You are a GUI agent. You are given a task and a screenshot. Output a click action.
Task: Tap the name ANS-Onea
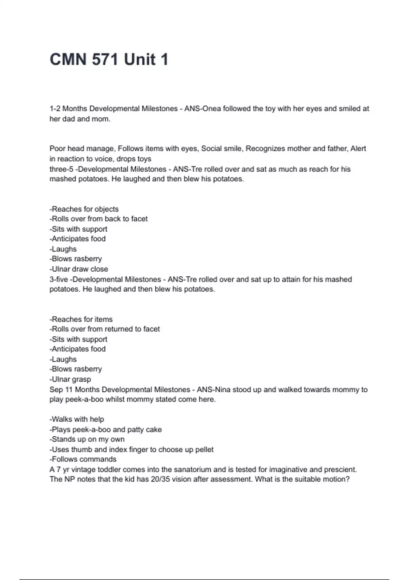(202, 108)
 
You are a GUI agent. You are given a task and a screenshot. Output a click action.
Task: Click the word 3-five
(59, 279)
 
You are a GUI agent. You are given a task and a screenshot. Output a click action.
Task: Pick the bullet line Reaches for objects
(84, 209)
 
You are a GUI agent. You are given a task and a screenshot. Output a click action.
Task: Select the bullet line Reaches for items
(81, 319)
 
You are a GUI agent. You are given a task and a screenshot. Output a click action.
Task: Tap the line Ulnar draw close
(79, 269)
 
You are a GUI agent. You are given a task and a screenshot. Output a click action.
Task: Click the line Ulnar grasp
(70, 379)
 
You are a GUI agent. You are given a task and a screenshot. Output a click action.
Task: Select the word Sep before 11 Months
(56, 389)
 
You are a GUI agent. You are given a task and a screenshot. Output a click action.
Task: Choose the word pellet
(204, 449)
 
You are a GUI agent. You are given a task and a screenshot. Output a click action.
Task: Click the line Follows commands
(83, 459)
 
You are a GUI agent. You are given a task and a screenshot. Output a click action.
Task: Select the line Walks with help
(77, 419)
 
